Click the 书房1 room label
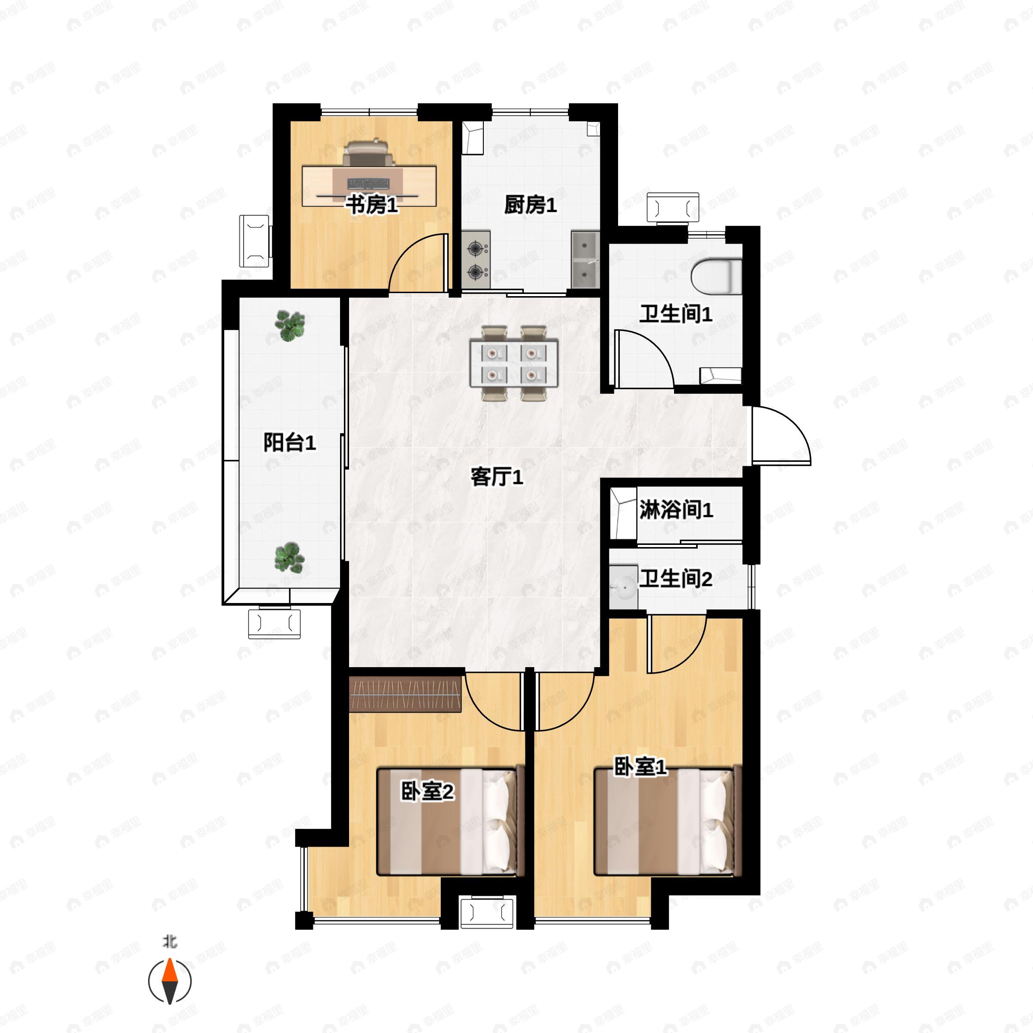click(x=372, y=205)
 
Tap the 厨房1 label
click(x=530, y=205)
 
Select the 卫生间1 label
click(x=676, y=314)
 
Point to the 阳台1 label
click(x=290, y=443)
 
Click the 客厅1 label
click(x=497, y=477)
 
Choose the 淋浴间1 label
click(x=676, y=510)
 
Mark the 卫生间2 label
click(x=676, y=578)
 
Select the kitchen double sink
click(x=585, y=259)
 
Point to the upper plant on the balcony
click(x=290, y=326)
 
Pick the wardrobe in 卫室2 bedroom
click(x=405, y=693)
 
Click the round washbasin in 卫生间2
click(x=623, y=587)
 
